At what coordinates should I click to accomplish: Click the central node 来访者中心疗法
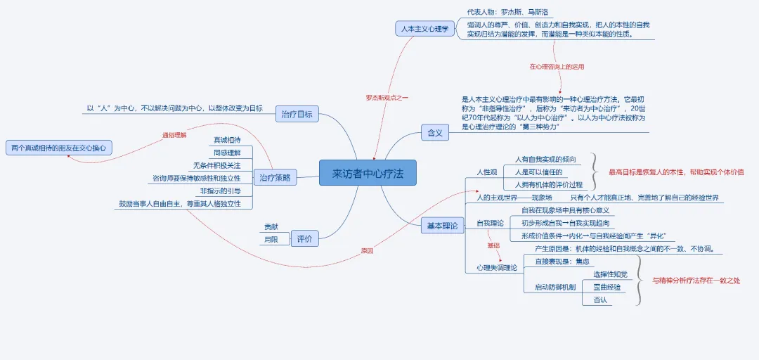[x=368, y=173]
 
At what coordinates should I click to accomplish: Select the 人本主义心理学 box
[x=424, y=30]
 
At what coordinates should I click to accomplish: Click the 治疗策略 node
[x=275, y=178]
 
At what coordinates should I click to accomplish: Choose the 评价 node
[x=304, y=238]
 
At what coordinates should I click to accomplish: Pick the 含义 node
[x=435, y=133]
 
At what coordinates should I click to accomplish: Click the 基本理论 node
[x=442, y=226]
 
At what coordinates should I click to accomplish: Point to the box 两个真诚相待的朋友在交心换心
[x=60, y=148]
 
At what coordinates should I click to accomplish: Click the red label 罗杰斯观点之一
[x=387, y=97]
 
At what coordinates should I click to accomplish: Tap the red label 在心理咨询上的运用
[x=557, y=67]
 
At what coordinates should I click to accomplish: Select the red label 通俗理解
[x=174, y=134]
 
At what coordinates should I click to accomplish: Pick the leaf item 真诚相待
[x=226, y=140]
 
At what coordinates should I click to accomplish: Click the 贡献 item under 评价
[x=271, y=227]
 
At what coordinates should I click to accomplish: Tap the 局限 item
[x=271, y=240]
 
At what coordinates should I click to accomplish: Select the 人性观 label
[x=487, y=172]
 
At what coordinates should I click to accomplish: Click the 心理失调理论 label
[x=496, y=267]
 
